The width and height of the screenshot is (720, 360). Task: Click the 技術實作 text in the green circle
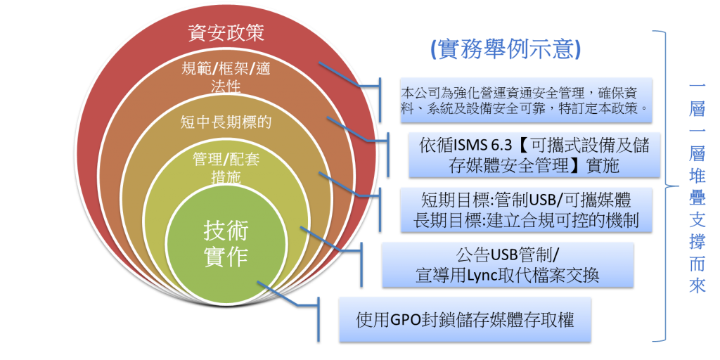226,243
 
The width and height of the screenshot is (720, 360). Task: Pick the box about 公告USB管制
517,264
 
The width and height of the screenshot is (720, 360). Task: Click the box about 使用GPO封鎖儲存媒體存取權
465,320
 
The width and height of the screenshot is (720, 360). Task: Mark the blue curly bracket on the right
662,186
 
